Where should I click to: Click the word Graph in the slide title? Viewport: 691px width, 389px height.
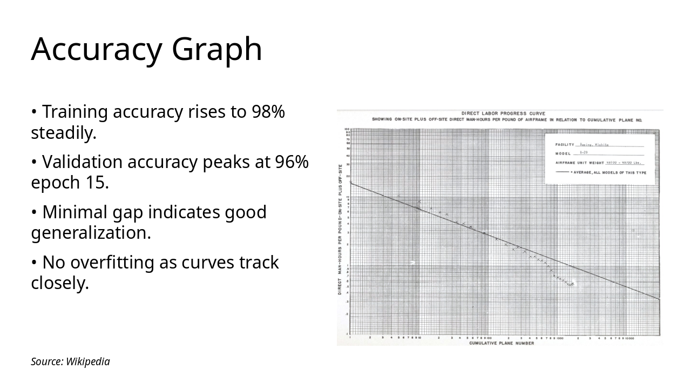coord(217,49)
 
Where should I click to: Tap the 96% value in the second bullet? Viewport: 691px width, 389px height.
coord(292,162)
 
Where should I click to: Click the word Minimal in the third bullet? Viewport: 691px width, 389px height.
coord(73,212)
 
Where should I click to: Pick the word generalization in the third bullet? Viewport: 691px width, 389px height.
coord(91,233)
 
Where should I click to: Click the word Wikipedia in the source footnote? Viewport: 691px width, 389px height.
coord(88,362)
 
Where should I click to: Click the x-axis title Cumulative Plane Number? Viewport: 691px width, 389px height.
coord(502,343)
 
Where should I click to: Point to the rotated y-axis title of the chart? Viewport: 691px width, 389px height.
coord(340,230)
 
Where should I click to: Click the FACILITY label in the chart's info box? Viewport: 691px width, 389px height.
coord(564,145)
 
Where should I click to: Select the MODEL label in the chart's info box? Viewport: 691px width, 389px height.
coord(563,153)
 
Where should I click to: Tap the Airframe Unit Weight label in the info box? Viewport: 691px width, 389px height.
coord(580,163)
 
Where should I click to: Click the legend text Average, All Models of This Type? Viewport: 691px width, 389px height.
coord(610,172)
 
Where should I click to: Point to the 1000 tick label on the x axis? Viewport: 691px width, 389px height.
coord(560,338)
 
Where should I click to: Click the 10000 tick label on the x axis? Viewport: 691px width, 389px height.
coord(629,338)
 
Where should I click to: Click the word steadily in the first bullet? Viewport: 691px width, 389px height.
coord(63,133)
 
